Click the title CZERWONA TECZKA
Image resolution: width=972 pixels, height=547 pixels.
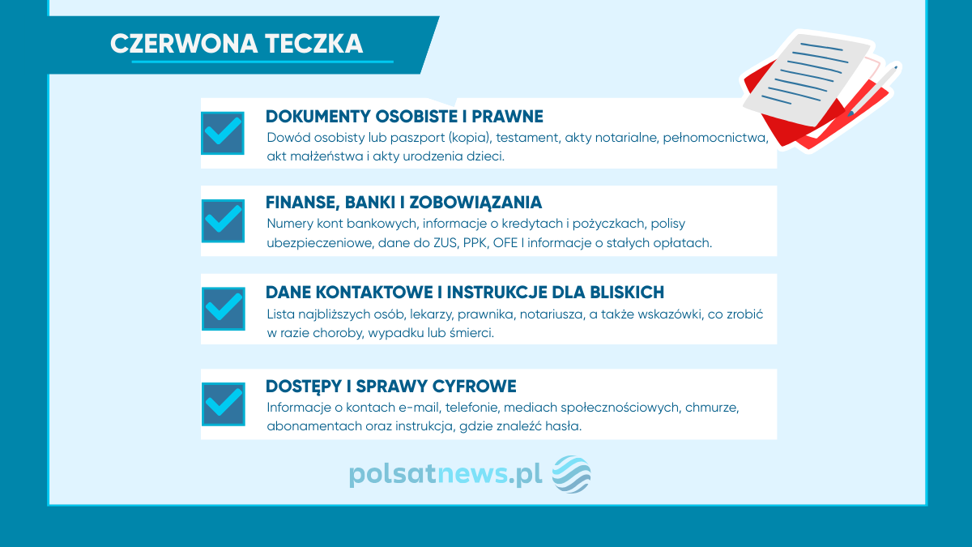click(x=237, y=44)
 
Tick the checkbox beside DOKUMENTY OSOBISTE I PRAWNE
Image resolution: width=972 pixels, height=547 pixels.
click(x=223, y=133)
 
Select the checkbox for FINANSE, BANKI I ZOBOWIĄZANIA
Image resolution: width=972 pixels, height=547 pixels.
click(x=223, y=221)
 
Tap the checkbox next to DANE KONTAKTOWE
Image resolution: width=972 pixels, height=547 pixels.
click(x=224, y=309)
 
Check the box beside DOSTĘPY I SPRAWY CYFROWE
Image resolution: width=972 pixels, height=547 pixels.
click(x=224, y=404)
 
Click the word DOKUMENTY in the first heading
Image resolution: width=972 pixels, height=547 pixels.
click(x=318, y=117)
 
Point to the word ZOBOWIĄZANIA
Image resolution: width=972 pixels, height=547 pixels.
click(x=475, y=203)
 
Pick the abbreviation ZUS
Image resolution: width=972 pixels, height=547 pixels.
click(x=446, y=242)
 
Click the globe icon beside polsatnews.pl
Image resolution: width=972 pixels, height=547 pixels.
click(x=571, y=474)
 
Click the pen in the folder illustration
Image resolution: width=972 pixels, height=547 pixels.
click(x=873, y=90)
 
